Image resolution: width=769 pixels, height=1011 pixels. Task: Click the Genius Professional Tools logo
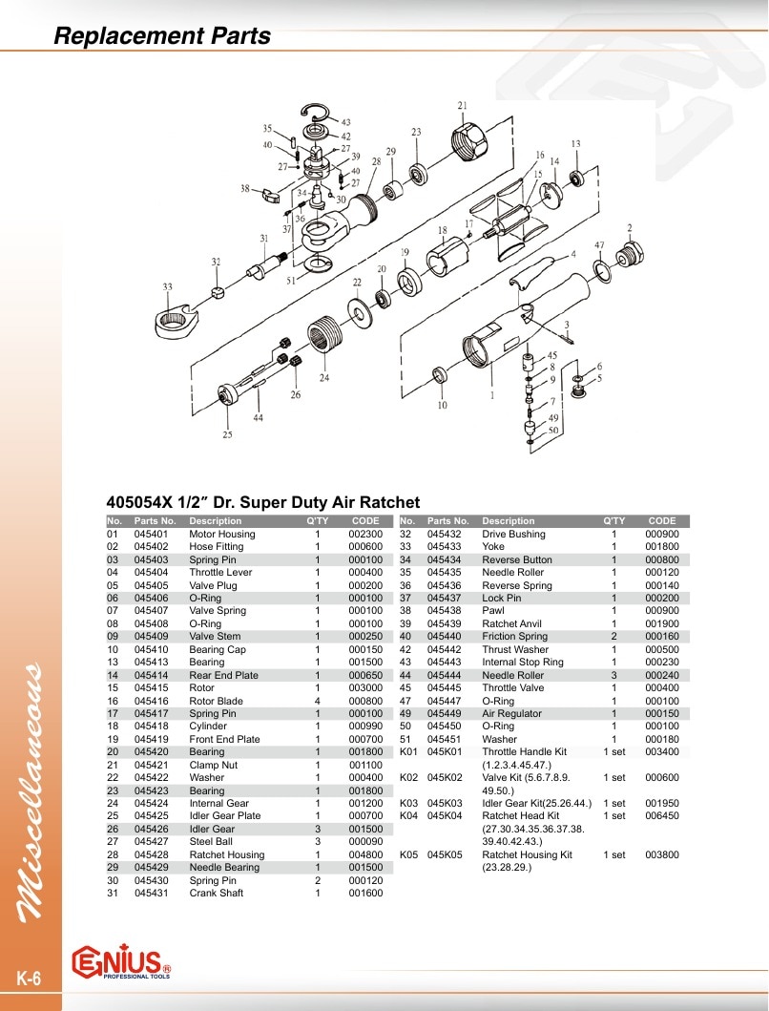click(121, 962)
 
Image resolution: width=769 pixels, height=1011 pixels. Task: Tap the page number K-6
click(29, 979)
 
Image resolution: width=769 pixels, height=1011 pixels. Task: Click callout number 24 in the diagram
click(323, 377)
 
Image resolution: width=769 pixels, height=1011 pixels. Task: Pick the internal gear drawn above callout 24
click(325, 334)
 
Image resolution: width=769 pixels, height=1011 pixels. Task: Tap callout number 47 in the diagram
click(599, 245)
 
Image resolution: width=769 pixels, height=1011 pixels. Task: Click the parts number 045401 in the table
click(151, 534)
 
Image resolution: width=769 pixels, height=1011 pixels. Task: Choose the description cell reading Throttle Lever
click(220, 573)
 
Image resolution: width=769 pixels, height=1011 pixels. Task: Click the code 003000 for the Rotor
click(365, 688)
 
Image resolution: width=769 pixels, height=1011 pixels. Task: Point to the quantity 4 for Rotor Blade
click(317, 701)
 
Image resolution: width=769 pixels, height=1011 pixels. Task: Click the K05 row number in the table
click(408, 855)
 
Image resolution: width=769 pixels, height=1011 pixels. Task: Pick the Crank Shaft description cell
click(217, 893)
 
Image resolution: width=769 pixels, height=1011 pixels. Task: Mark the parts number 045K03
click(445, 804)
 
